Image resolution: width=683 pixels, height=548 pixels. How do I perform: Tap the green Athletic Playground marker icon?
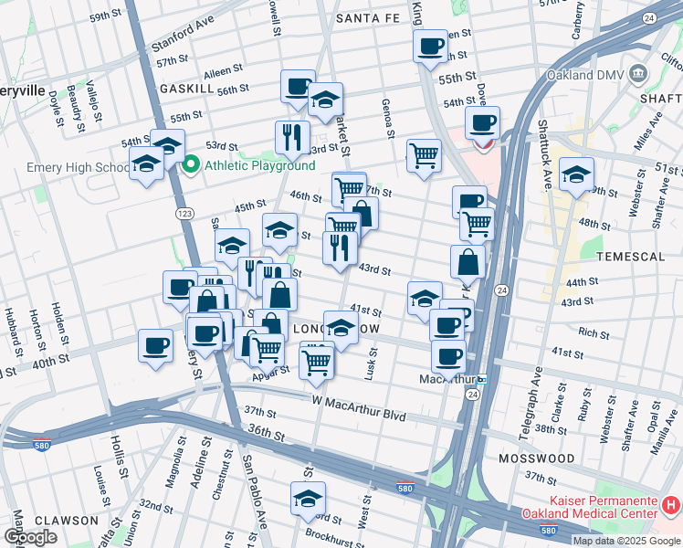[191, 165]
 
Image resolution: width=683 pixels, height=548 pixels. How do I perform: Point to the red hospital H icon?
[671, 503]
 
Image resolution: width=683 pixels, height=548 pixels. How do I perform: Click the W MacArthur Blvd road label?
[358, 401]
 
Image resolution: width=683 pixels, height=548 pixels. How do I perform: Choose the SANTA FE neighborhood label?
[367, 17]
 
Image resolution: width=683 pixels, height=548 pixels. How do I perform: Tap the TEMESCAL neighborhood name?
[629, 258]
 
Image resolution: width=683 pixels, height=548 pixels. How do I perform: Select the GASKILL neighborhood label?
[186, 89]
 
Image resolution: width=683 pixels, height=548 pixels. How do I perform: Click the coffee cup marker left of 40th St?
[154, 345]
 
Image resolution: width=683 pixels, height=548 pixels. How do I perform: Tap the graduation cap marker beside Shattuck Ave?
[577, 173]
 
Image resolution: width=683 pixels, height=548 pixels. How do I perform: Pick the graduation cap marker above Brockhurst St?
[308, 498]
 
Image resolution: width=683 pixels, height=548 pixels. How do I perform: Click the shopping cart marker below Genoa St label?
[424, 156]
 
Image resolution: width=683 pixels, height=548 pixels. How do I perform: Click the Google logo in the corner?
[30, 537]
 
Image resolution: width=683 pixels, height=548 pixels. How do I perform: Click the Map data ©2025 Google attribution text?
[626, 541]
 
